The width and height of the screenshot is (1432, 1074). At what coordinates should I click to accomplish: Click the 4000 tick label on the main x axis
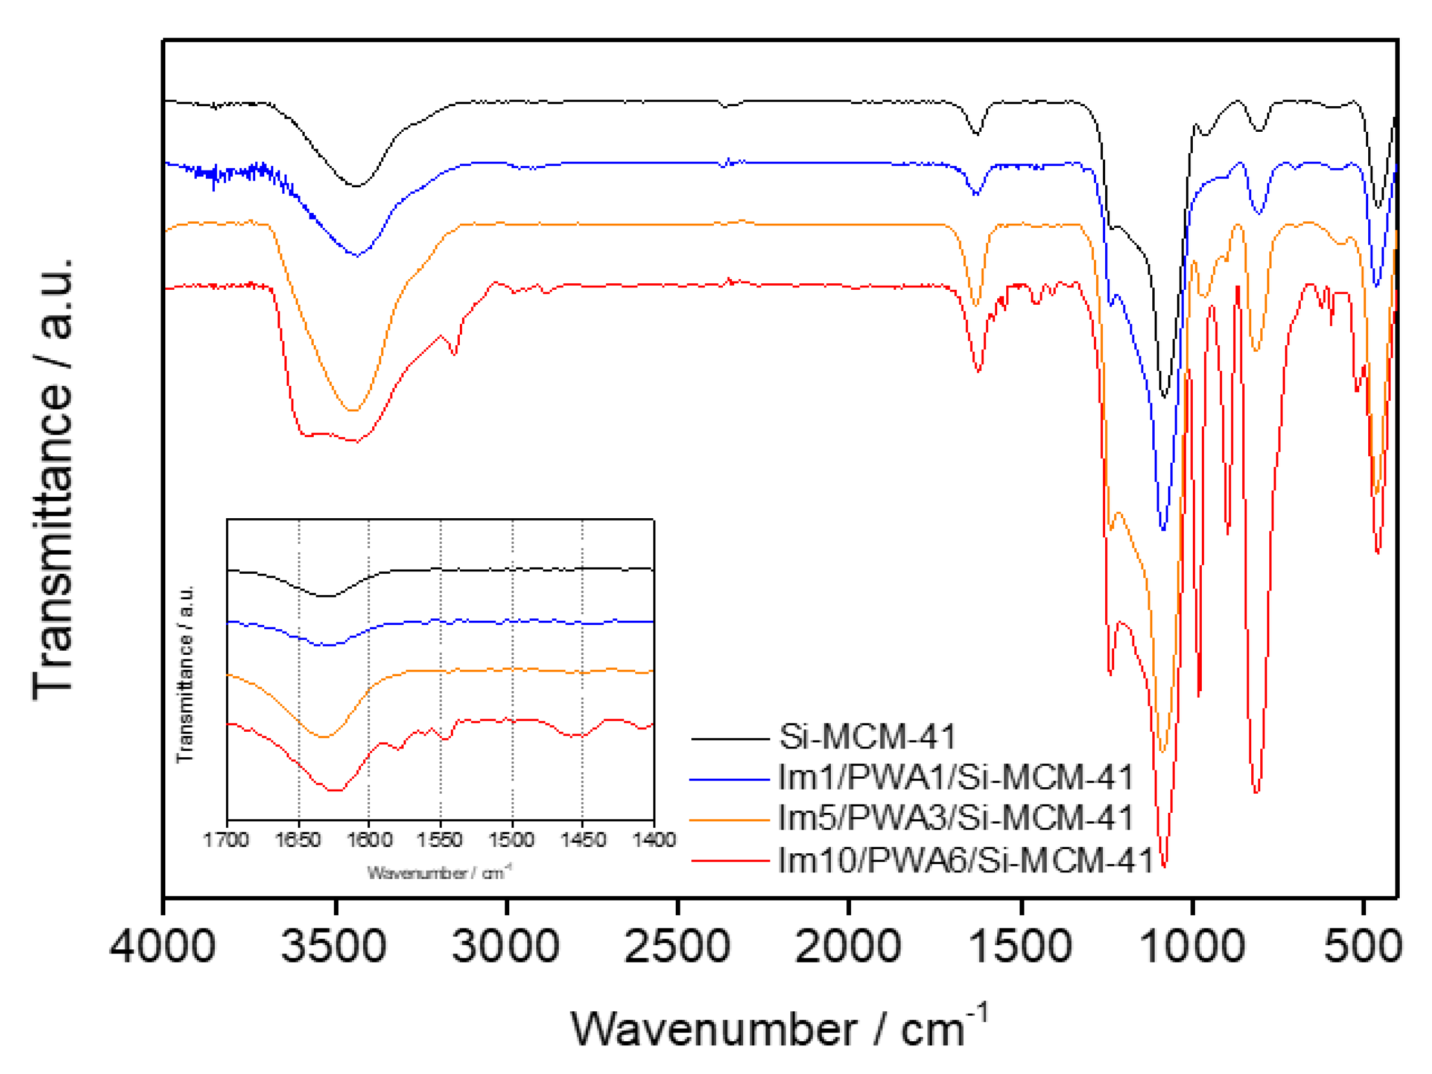tap(162, 946)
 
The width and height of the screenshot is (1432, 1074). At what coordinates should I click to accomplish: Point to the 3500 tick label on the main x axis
tap(334, 946)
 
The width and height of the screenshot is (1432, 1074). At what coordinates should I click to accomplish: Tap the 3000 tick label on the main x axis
tap(506, 946)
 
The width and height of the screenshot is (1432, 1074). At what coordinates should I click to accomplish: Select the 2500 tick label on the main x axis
tap(677, 946)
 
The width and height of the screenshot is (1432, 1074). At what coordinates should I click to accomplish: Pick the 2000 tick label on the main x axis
tap(848, 946)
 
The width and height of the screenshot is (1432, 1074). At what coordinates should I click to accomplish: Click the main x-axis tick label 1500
tap(1021, 946)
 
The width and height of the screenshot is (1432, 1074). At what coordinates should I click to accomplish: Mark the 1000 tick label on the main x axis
tap(1192, 946)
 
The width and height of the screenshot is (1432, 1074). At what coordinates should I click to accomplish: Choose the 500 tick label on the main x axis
tap(1363, 946)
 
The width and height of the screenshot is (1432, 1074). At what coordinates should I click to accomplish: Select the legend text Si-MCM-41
tap(867, 736)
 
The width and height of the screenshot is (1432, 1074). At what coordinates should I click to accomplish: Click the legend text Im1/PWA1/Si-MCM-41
tap(955, 778)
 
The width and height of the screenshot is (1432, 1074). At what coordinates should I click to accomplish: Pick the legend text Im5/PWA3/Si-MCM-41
tap(955, 818)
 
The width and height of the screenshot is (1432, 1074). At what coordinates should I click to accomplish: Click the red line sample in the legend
tap(729, 861)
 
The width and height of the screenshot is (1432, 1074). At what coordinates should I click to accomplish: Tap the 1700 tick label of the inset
tap(226, 840)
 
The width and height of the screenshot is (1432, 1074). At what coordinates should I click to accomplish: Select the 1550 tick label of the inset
tap(440, 840)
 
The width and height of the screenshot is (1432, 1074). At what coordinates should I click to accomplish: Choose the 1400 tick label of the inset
tap(654, 840)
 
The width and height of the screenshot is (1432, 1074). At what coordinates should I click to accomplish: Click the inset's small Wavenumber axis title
tap(440, 873)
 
